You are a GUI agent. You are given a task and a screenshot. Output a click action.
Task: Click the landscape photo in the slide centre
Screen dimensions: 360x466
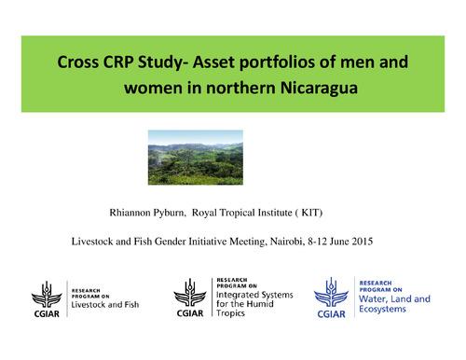coord(195,158)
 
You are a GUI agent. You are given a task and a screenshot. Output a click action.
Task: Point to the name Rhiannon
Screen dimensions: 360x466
coord(137,212)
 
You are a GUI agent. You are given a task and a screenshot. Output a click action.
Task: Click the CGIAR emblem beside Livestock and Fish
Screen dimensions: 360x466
coord(48,297)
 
